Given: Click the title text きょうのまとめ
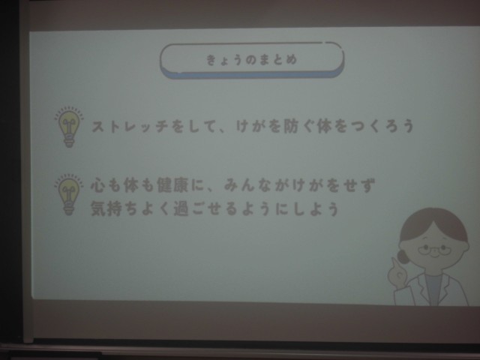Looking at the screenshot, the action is pyautogui.click(x=251, y=59).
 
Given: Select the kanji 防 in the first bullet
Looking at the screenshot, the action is pyautogui.click(x=290, y=126).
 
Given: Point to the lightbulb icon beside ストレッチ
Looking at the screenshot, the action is pyautogui.click(x=69, y=127).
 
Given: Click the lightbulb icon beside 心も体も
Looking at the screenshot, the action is pyautogui.click(x=68, y=194).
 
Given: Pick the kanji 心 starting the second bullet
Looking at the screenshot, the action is pyautogui.click(x=98, y=185).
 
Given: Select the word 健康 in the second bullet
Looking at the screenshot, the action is pyautogui.click(x=172, y=185).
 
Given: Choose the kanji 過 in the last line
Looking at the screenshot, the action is pyautogui.click(x=181, y=208).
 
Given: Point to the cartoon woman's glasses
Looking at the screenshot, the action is pyautogui.click(x=434, y=250).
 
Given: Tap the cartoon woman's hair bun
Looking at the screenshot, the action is pyautogui.click(x=402, y=256).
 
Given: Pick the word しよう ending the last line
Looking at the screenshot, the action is pyautogui.click(x=316, y=209).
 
